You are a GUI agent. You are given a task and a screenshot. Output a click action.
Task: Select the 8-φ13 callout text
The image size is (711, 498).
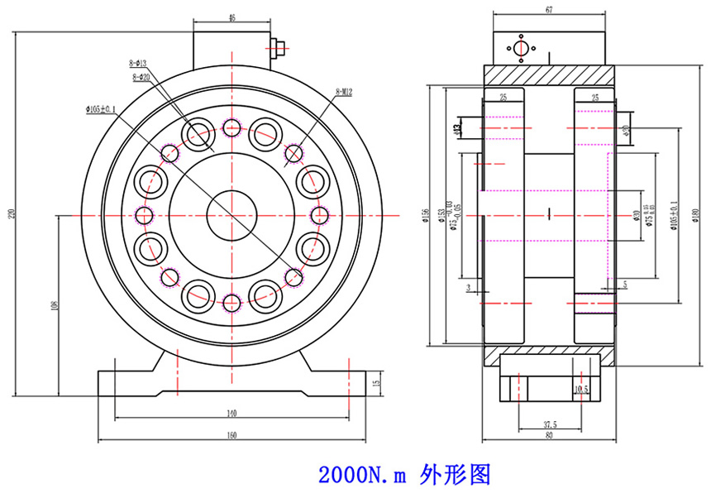coord(138,63)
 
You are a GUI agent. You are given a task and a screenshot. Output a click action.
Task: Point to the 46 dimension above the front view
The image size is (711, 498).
coord(231,17)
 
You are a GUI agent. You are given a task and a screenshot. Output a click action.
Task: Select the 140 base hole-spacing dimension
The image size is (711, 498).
coord(231,412)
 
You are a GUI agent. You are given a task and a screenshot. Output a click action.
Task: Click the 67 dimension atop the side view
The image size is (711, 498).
coord(548,10)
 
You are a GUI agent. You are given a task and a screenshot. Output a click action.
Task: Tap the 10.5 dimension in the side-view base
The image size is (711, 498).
coord(581,388)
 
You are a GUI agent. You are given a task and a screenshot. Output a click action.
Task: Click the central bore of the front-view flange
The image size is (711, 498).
coord(231,215)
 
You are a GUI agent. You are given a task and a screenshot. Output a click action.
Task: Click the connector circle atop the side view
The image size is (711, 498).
coord(520,49)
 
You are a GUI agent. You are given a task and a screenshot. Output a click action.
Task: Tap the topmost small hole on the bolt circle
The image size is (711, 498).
coord(231,127)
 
